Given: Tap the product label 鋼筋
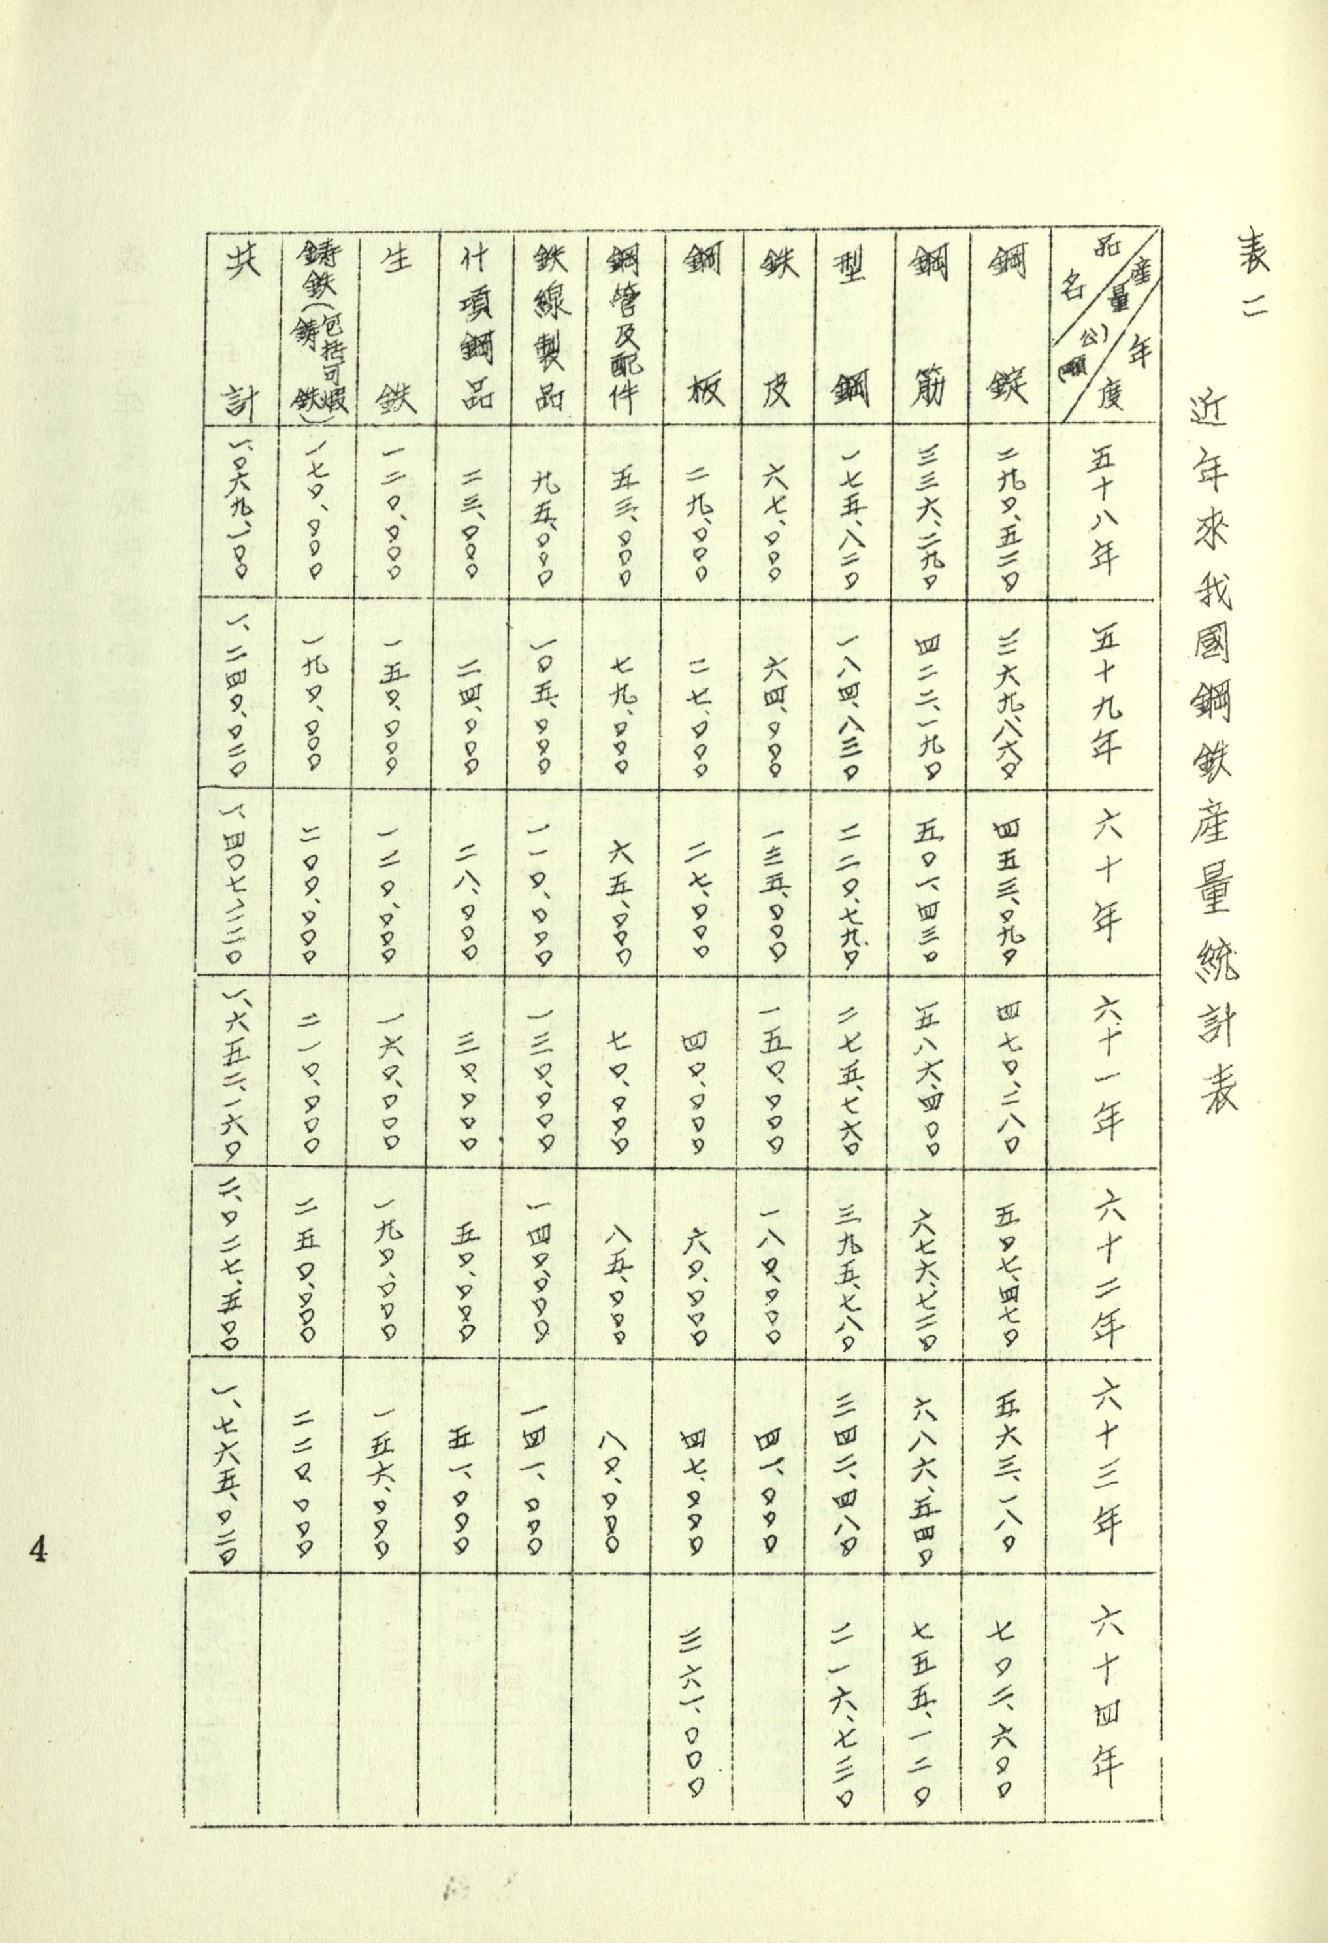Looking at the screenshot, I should (932, 326).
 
